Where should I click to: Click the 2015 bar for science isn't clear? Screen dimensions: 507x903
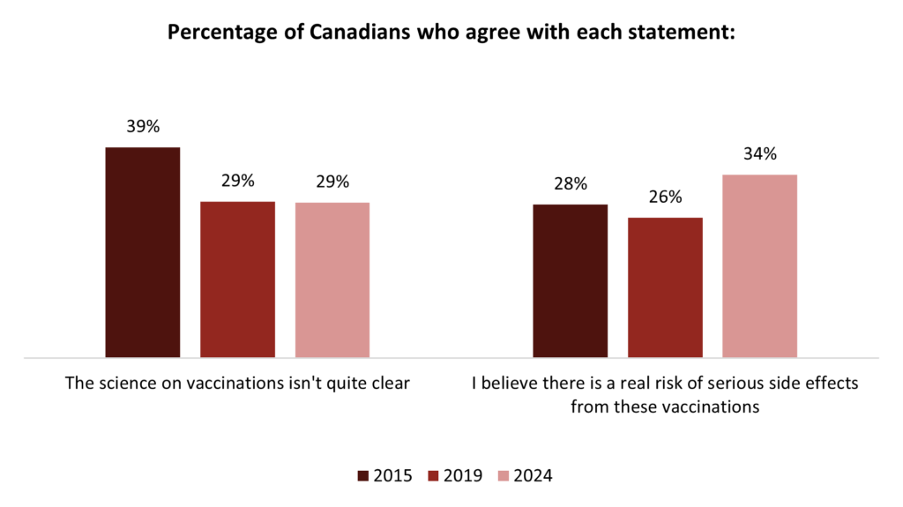143,252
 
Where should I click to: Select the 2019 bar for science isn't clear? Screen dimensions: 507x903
237,280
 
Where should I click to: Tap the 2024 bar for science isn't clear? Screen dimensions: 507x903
332,280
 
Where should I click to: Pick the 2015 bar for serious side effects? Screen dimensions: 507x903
571,281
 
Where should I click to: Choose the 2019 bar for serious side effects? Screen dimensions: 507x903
665,287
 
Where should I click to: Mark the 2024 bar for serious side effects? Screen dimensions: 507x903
759,266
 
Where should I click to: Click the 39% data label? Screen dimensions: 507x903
143,127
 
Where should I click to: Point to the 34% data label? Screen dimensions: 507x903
759,154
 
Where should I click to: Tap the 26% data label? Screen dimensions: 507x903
665,198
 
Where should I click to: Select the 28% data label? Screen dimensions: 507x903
571,184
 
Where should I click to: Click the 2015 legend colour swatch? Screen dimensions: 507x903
363,476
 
